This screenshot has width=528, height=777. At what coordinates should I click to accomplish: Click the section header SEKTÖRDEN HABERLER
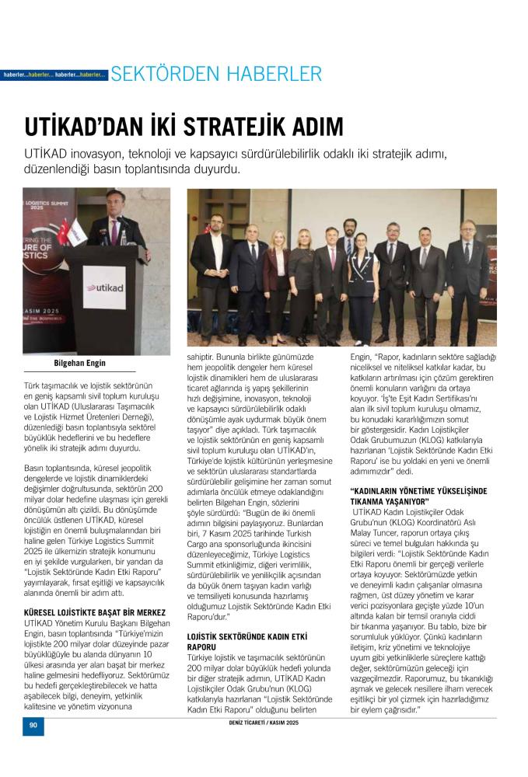click(x=216, y=75)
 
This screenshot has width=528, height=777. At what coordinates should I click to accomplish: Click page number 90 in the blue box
click(x=33, y=725)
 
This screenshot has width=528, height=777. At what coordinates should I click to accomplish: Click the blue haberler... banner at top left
click(x=54, y=75)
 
